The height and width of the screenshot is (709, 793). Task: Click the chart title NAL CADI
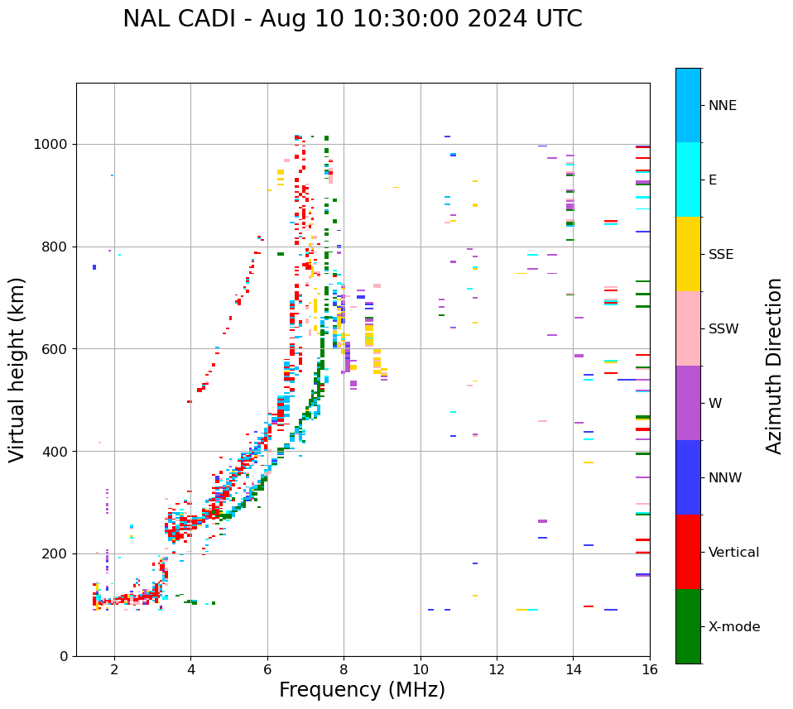pos(352,19)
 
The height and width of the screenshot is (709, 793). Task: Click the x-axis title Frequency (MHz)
pos(362,690)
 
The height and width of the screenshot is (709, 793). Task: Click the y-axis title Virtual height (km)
pos(17,370)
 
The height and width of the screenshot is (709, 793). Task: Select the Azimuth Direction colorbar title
pos(774,366)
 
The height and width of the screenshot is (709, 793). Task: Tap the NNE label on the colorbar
pos(722,106)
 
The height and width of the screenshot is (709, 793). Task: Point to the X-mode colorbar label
pos(734,627)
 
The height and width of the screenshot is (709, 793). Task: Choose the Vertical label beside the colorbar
pos(733,553)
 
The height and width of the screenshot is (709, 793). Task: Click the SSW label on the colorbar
pos(723,329)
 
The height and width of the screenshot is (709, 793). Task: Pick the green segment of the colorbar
pos(688,626)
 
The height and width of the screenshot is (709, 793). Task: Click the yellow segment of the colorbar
pos(688,254)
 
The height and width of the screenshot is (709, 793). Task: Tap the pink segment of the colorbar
pos(688,328)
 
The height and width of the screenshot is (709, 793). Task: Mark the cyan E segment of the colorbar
pos(688,180)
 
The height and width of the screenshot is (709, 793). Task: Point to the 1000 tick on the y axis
pos(54,144)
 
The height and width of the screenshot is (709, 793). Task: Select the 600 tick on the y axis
pos(57,349)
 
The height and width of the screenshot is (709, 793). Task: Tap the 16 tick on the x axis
pos(650,669)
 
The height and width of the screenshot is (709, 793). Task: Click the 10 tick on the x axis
pos(421,669)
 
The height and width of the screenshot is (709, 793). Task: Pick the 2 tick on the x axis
pos(114,669)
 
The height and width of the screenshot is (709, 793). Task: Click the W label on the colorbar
pos(715,404)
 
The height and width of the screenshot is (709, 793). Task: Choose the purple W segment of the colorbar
pos(688,403)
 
